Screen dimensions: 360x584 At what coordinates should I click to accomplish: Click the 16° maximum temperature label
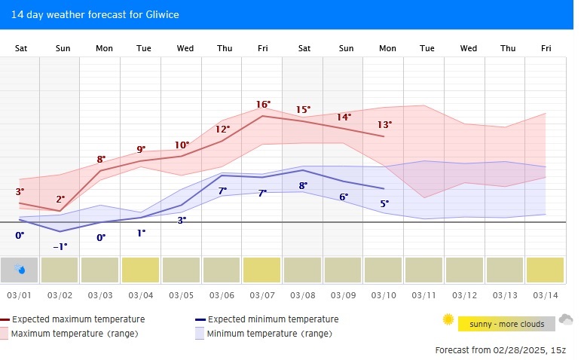tap(263, 105)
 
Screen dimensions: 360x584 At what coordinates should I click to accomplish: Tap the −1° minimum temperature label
tap(60, 246)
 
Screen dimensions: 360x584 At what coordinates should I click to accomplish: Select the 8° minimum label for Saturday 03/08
tap(303, 185)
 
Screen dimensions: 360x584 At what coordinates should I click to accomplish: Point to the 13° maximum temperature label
tap(384, 124)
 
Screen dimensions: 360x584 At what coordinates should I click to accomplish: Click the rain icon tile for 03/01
tap(20, 270)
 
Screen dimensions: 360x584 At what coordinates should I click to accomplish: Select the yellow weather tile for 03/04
tap(141, 270)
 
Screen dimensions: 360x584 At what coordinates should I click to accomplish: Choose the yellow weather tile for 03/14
tap(545, 270)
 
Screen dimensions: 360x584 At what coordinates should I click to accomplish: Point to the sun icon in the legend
tap(448, 320)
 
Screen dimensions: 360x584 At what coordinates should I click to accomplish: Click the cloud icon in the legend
tap(566, 319)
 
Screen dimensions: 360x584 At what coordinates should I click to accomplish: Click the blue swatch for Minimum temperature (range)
tap(200, 333)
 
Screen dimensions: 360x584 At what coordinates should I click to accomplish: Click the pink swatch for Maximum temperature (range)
tap(5, 333)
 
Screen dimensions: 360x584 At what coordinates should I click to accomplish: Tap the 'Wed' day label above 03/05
tap(185, 48)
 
